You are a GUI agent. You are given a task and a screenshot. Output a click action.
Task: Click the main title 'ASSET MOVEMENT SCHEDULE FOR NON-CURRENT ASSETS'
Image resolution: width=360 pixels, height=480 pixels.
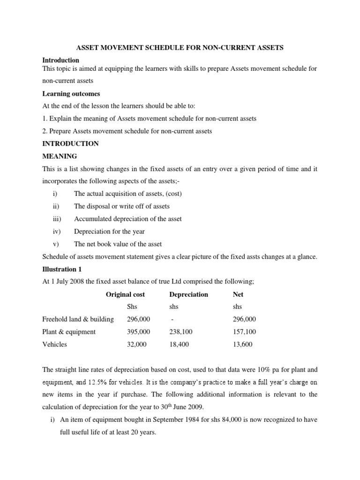point(180,48)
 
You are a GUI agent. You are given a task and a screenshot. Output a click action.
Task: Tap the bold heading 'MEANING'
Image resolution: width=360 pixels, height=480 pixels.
point(60,156)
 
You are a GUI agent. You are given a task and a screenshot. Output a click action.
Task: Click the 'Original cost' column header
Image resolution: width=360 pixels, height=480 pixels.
point(125,294)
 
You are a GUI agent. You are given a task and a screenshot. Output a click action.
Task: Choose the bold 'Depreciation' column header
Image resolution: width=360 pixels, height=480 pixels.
point(188,294)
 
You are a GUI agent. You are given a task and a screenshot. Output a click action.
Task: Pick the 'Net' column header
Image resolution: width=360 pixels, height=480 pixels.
point(238,294)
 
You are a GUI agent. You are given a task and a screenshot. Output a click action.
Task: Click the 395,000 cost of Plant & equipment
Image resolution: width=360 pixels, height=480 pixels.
point(138,332)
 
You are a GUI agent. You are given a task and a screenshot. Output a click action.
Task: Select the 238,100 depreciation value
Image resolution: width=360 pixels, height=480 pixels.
point(180,332)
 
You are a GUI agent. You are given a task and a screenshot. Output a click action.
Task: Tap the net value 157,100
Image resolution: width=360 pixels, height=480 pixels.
point(244,332)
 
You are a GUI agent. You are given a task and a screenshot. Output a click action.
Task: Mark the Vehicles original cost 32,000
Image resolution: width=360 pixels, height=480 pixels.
point(137,345)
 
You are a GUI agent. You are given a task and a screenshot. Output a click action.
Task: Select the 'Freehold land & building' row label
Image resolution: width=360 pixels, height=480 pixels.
point(78,319)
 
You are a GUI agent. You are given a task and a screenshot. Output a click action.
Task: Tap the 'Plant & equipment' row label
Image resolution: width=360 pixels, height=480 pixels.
point(69,332)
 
